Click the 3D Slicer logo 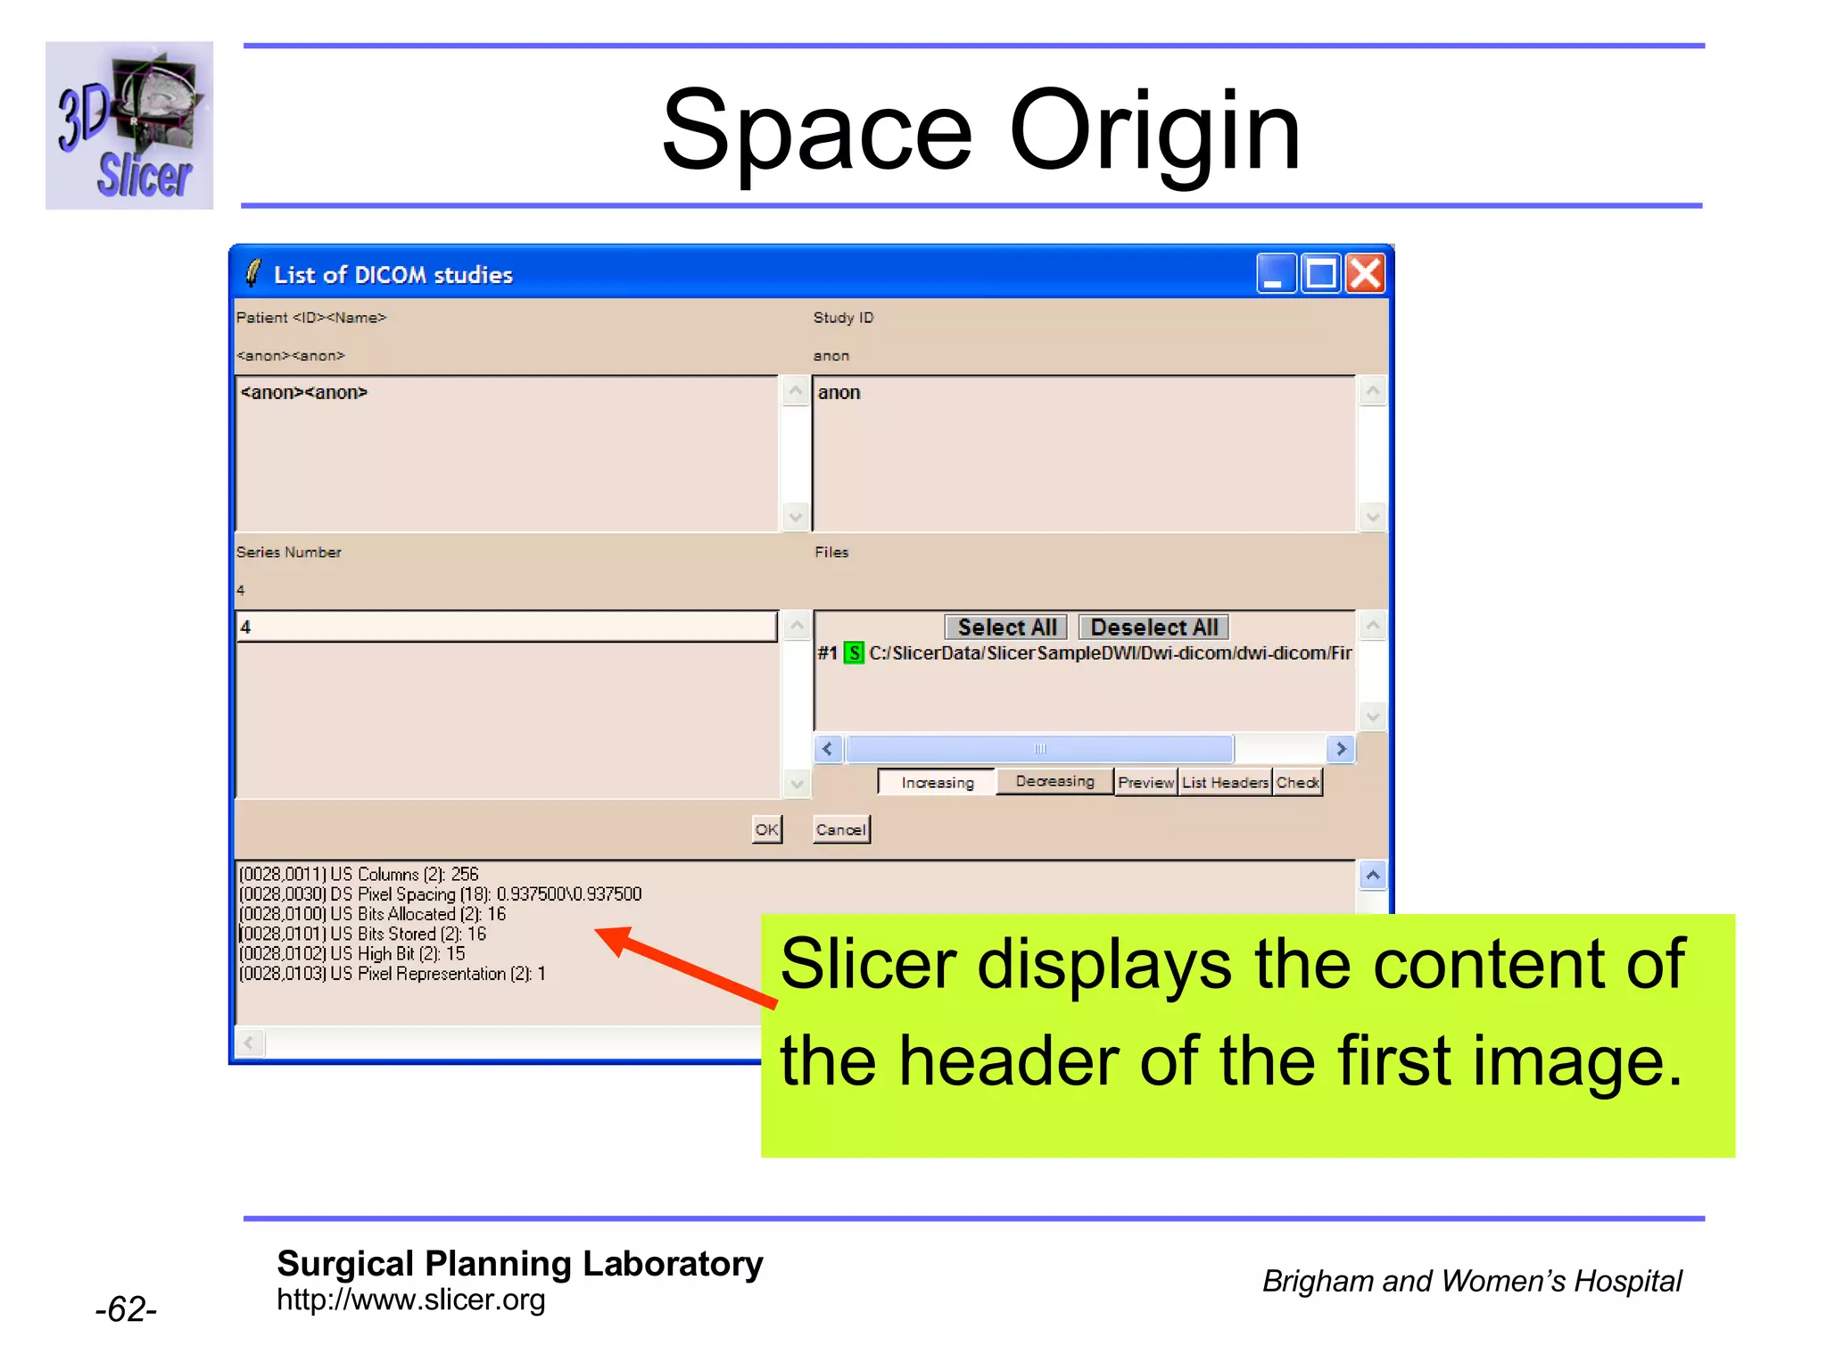pyautogui.click(x=129, y=126)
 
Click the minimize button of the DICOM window pyautogui.click(x=1276, y=274)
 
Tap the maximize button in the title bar pyautogui.click(x=1321, y=274)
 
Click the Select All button pyautogui.click(x=1006, y=627)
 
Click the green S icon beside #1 pyautogui.click(x=854, y=653)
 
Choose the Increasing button pyautogui.click(x=937, y=783)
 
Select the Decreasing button pyautogui.click(x=1054, y=782)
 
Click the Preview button pyautogui.click(x=1145, y=783)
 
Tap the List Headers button pyautogui.click(x=1225, y=783)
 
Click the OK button pyautogui.click(x=766, y=829)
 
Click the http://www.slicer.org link pyautogui.click(x=410, y=1300)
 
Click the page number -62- pyautogui.click(x=126, y=1309)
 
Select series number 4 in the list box pyautogui.click(x=506, y=627)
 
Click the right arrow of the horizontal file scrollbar pyautogui.click(x=1340, y=749)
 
